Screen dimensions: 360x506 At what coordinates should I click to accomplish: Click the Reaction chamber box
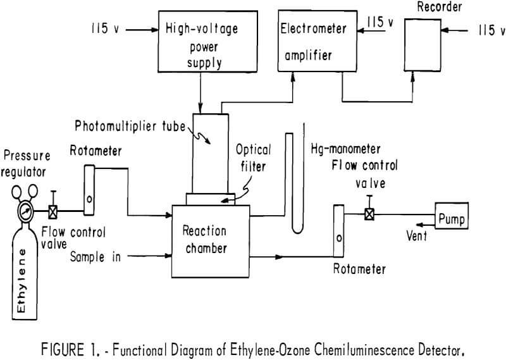[x=210, y=237]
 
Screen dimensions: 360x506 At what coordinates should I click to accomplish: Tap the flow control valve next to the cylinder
[x=54, y=211]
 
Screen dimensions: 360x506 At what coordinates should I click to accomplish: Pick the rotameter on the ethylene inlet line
[x=89, y=189]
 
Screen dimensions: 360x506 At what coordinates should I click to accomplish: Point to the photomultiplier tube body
[x=210, y=152]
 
